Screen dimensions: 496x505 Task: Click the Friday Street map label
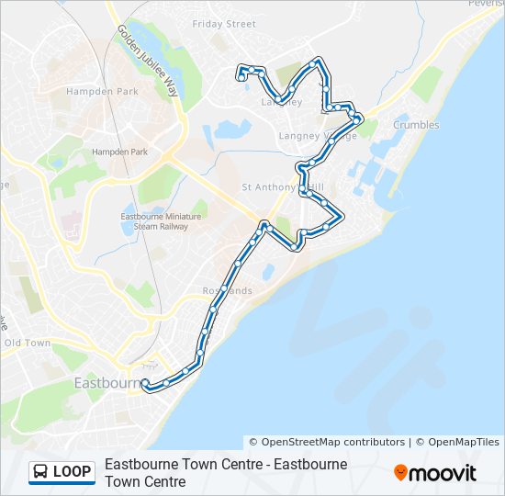click(x=223, y=24)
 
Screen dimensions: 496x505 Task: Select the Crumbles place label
click(x=415, y=125)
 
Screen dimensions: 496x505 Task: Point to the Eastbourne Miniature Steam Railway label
click(x=154, y=221)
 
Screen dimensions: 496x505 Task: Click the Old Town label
click(x=28, y=343)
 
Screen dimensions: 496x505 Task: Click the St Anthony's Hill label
click(x=281, y=186)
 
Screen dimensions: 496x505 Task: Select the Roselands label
click(x=226, y=291)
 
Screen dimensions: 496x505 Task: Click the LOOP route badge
click(x=62, y=472)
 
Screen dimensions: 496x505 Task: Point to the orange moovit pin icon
click(x=400, y=473)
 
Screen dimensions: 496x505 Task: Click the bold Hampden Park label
click(x=102, y=91)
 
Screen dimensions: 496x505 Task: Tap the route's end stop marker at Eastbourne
click(x=145, y=383)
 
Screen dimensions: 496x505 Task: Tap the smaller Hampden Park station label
click(x=119, y=152)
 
